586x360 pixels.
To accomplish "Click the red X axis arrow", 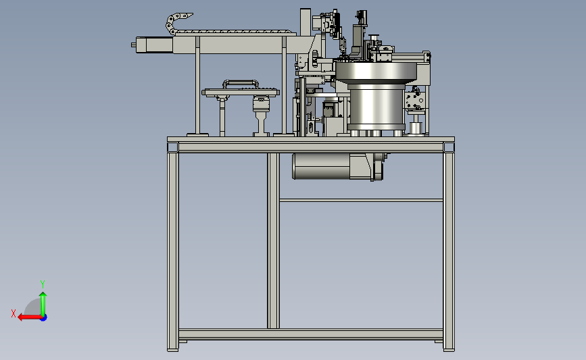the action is pos(30,317).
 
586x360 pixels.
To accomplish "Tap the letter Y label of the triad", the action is pos(43,284).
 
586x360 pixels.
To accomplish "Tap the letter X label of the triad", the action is pos(14,313).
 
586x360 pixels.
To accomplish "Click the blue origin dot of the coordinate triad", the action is pos(44,318).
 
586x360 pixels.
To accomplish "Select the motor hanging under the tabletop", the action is pos(338,166).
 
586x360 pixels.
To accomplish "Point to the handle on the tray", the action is pos(241,83).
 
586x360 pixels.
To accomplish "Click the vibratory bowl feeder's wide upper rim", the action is pos(376,72).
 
